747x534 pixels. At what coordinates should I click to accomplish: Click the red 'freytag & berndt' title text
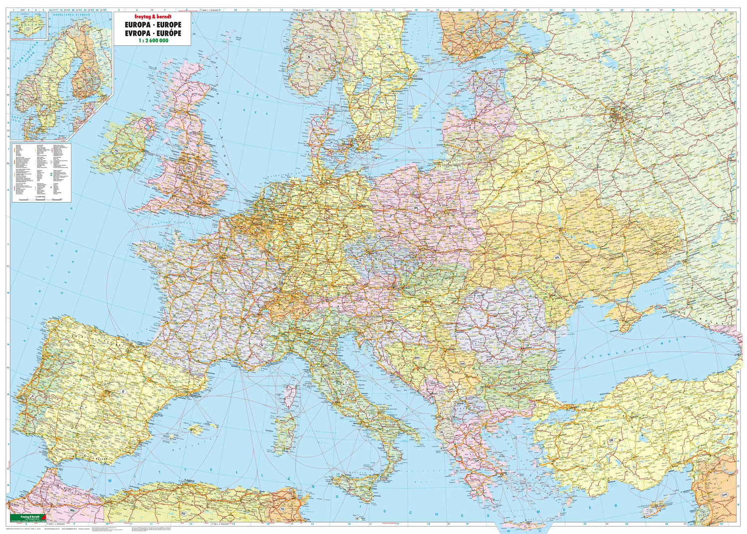[151, 15]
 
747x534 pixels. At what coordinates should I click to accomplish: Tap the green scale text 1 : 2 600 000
[151, 41]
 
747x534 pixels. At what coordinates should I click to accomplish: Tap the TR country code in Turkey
[611, 441]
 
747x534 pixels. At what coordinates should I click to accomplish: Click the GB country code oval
[186, 147]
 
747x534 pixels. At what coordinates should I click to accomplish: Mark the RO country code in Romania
[497, 326]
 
